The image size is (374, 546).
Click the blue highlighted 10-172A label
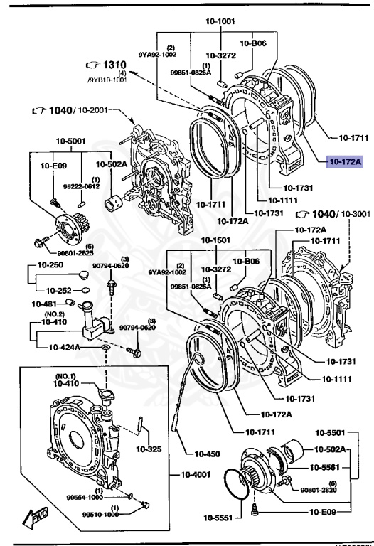(345, 161)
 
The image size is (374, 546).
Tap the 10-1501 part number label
(214, 240)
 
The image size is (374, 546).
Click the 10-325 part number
(149, 449)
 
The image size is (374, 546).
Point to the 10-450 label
(198, 452)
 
